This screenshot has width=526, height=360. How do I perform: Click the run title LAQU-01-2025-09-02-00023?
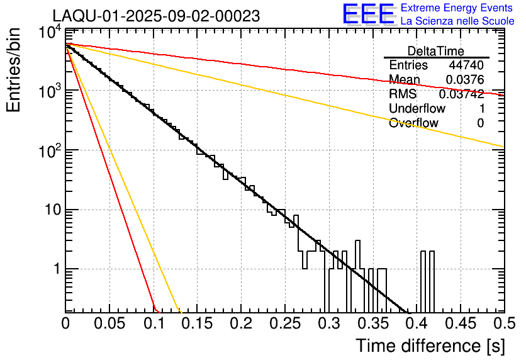(x=156, y=16)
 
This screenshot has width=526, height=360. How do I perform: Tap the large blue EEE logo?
(x=368, y=14)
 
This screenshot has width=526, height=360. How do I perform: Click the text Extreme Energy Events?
(x=457, y=8)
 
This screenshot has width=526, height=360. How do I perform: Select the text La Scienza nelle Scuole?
(x=457, y=21)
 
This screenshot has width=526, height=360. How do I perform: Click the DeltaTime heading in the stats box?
(x=435, y=51)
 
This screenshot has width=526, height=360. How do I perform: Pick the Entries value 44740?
(x=466, y=65)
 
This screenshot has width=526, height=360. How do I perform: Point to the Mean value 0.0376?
(x=464, y=80)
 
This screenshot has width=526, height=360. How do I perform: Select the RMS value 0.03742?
(x=461, y=94)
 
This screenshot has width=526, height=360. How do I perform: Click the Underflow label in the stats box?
(x=417, y=108)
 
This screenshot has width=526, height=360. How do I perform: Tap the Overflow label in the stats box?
(x=413, y=123)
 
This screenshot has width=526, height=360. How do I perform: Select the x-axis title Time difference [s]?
(x=429, y=346)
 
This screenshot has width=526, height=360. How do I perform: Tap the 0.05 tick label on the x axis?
(x=109, y=325)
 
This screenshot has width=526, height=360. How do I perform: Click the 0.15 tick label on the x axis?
(x=197, y=325)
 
